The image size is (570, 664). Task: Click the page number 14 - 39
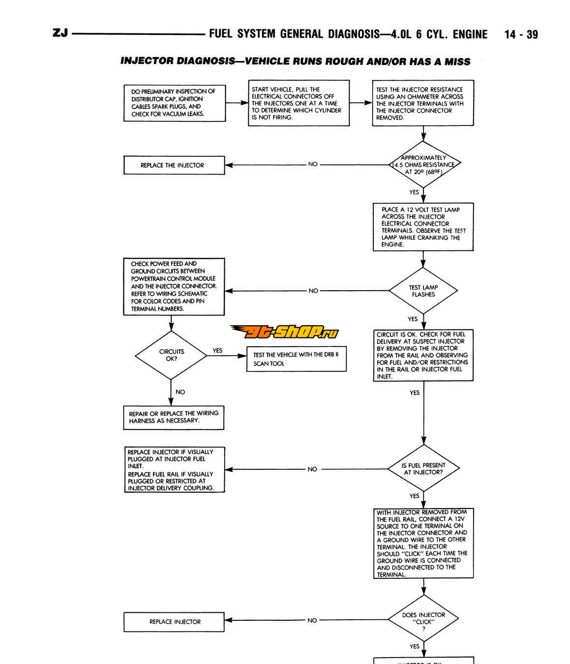coord(521,34)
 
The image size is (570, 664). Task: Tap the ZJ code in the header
coord(60,33)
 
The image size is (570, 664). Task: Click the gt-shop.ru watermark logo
coord(284,332)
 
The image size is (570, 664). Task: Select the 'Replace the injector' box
coord(174,165)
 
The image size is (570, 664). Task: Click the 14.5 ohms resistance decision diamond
coord(423,165)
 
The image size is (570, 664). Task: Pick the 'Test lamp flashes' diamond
coord(423,291)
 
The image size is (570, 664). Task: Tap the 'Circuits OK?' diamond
coord(171,355)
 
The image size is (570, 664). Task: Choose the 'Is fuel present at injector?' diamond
coord(423,468)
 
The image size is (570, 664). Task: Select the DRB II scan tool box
coord(296,359)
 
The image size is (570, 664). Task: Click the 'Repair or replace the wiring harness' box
coord(174,417)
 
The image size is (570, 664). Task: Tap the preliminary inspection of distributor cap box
coord(174,103)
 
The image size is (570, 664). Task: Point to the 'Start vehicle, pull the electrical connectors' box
coord(299,103)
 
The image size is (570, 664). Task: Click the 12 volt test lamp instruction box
coord(423,227)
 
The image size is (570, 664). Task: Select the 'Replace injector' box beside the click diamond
coord(174,622)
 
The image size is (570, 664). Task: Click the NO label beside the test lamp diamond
coord(313,291)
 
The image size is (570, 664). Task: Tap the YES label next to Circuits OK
coord(217,351)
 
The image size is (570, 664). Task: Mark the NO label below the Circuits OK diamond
coord(180,392)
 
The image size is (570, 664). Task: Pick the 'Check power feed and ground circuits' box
coord(174,287)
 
